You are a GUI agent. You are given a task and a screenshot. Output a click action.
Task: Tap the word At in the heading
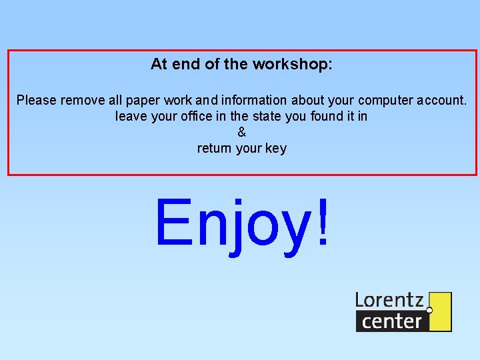click(x=158, y=65)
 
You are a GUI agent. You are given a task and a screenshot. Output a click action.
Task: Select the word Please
click(x=37, y=101)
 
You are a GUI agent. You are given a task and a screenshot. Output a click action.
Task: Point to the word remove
click(x=83, y=101)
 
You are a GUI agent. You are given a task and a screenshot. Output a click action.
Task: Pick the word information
click(x=253, y=101)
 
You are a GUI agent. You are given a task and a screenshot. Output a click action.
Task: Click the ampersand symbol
click(x=241, y=132)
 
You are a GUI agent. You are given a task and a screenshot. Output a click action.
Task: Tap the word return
click(x=215, y=149)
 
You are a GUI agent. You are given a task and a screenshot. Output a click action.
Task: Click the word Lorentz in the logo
click(x=389, y=300)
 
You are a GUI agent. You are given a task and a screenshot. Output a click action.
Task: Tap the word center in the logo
click(x=391, y=321)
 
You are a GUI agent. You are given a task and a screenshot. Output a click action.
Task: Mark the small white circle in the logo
click(x=429, y=310)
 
